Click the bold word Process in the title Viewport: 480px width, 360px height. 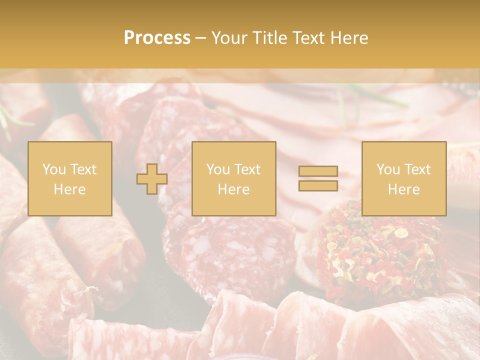[x=157, y=38]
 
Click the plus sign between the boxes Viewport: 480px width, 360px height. [x=152, y=178]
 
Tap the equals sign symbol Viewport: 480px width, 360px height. [x=318, y=178]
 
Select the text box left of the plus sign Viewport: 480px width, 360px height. [x=70, y=178]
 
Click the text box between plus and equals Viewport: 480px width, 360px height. [x=233, y=178]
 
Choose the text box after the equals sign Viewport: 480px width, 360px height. [x=403, y=178]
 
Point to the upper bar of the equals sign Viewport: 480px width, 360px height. [x=318, y=171]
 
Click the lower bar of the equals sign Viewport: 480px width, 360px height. [x=318, y=185]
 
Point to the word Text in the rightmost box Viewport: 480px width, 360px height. [x=417, y=169]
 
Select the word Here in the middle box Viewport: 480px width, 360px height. [x=233, y=189]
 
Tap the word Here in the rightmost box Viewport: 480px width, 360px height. [x=403, y=189]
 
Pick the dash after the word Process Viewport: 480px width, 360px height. [x=200, y=38]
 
